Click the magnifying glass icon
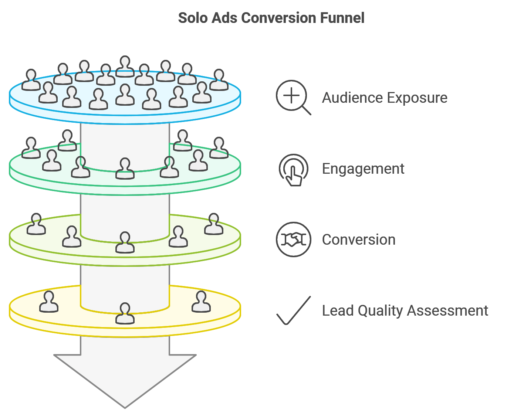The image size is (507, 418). pyautogui.click(x=293, y=97)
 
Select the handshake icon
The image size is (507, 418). pyautogui.click(x=293, y=239)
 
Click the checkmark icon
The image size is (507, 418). pyautogui.click(x=294, y=310)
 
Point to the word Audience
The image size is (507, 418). pyautogui.click(x=352, y=98)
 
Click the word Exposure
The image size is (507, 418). pyautogui.click(x=417, y=98)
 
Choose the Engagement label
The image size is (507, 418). pyautogui.click(x=363, y=169)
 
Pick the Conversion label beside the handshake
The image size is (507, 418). pyautogui.click(x=359, y=239)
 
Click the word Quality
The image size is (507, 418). pyautogui.click(x=380, y=311)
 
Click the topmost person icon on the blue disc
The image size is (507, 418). pyautogui.click(x=125, y=66)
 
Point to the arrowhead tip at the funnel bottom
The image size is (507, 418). pyautogui.click(x=125, y=408)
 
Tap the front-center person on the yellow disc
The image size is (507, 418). pyautogui.click(x=125, y=313)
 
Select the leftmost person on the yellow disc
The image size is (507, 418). pyautogui.click(x=49, y=301)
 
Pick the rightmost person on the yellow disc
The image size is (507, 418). pyautogui.click(x=201, y=301)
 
